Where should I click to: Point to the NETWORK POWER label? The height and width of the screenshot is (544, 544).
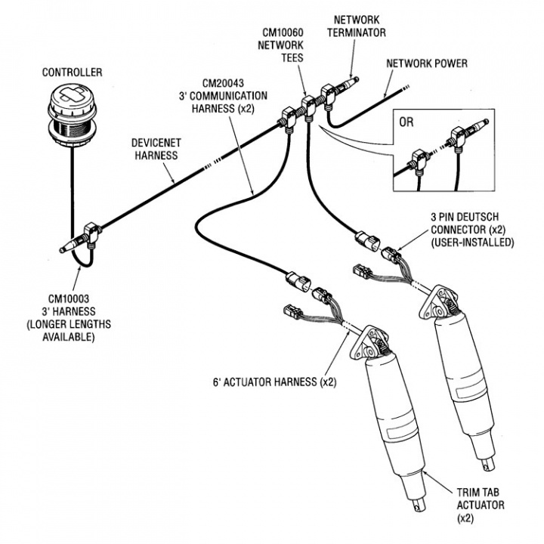point(428,63)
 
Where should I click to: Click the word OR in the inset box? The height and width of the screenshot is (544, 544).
point(406,122)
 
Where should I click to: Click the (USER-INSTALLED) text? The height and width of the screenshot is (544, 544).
point(471,243)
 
